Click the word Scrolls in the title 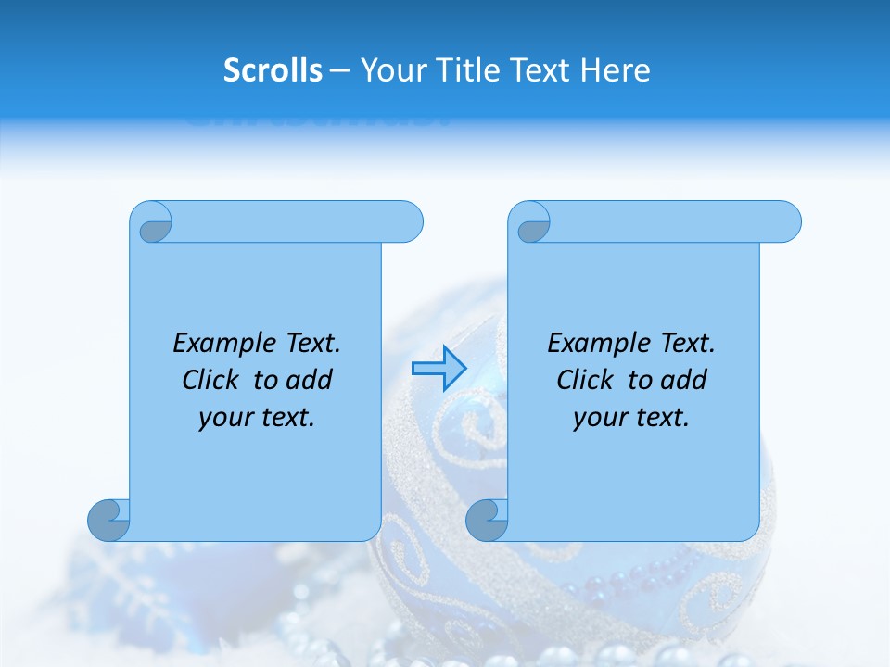(273, 70)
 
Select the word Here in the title (616, 70)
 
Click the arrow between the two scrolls (439, 368)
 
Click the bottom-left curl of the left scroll (108, 520)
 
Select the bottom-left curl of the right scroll (487, 520)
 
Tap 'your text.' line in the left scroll (257, 418)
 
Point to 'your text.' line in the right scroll (631, 418)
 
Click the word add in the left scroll (309, 381)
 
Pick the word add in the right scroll (683, 381)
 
